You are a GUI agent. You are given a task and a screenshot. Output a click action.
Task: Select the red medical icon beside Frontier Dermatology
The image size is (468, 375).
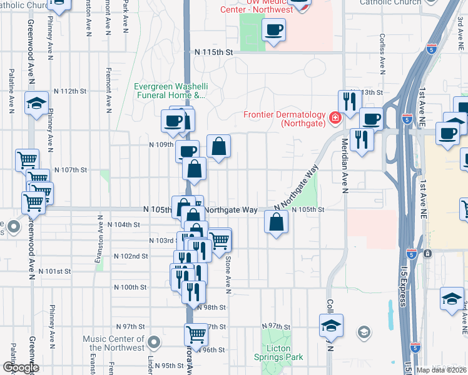[x=335, y=116]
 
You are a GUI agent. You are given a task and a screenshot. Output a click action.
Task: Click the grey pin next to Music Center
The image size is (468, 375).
[x=155, y=342]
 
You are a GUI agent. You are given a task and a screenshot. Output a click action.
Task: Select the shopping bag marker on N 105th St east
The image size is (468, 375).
[x=277, y=221]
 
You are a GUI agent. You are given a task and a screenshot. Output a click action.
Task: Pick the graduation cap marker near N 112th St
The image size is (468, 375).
[x=36, y=102]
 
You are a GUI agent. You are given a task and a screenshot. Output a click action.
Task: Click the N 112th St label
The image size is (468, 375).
[x=69, y=91]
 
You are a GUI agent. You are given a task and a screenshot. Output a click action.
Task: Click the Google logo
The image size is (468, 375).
[x=20, y=367]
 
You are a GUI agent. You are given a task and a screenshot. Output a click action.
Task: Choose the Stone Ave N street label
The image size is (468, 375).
[x=229, y=275]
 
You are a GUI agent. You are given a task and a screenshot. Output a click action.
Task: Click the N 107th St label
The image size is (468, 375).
[x=69, y=170]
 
